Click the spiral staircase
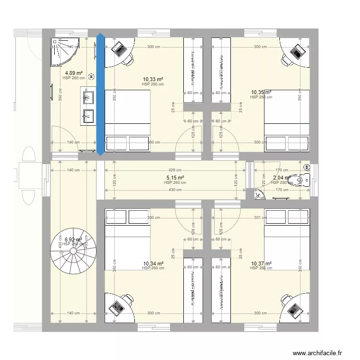[73, 254]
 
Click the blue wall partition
[100, 95]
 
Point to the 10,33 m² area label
[153, 79]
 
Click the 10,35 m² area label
[261, 92]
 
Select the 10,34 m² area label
[153, 264]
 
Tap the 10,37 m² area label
[261, 264]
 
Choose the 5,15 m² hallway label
[175, 178]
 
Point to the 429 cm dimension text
[175, 170]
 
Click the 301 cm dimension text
[260, 217]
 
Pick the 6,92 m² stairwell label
[73, 239]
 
